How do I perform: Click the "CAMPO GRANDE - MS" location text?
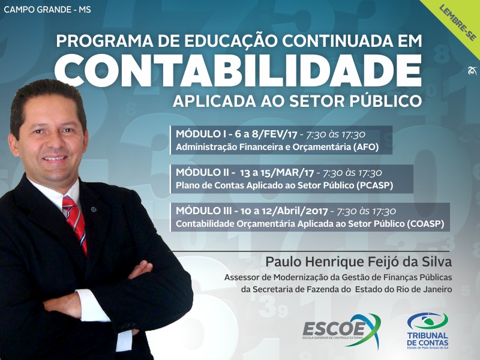point(47,10)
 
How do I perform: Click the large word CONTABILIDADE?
point(238,71)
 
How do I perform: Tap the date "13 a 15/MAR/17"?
point(277,173)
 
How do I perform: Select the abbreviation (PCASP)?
point(374,185)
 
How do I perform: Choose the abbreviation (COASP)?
point(425,224)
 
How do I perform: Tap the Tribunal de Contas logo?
point(428,331)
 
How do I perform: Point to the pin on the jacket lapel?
point(94,209)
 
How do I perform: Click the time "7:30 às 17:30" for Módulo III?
point(366,211)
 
